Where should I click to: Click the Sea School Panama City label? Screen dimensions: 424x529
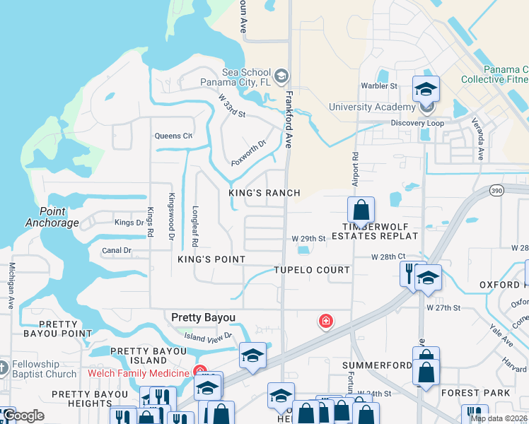pos(246,77)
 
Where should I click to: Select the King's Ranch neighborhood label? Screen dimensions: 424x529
pos(264,193)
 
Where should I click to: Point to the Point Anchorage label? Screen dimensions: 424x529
pos(52,217)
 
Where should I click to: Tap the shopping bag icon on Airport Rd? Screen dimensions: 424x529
pos(361,210)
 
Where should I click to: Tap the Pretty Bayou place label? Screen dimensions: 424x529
pos(204,318)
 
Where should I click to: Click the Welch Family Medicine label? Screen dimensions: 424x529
pos(139,373)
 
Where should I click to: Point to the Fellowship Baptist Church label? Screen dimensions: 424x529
pos(44,369)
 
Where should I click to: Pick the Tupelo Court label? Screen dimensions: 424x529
pos(312,270)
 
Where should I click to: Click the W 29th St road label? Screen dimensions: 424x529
pos(308,239)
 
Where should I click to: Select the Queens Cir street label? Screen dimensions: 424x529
pos(173,136)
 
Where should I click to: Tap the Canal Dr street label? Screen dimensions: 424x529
pos(117,250)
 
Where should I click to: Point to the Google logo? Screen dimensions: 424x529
pos(23,416)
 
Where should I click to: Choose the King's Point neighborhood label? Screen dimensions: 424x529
pos(211,259)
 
